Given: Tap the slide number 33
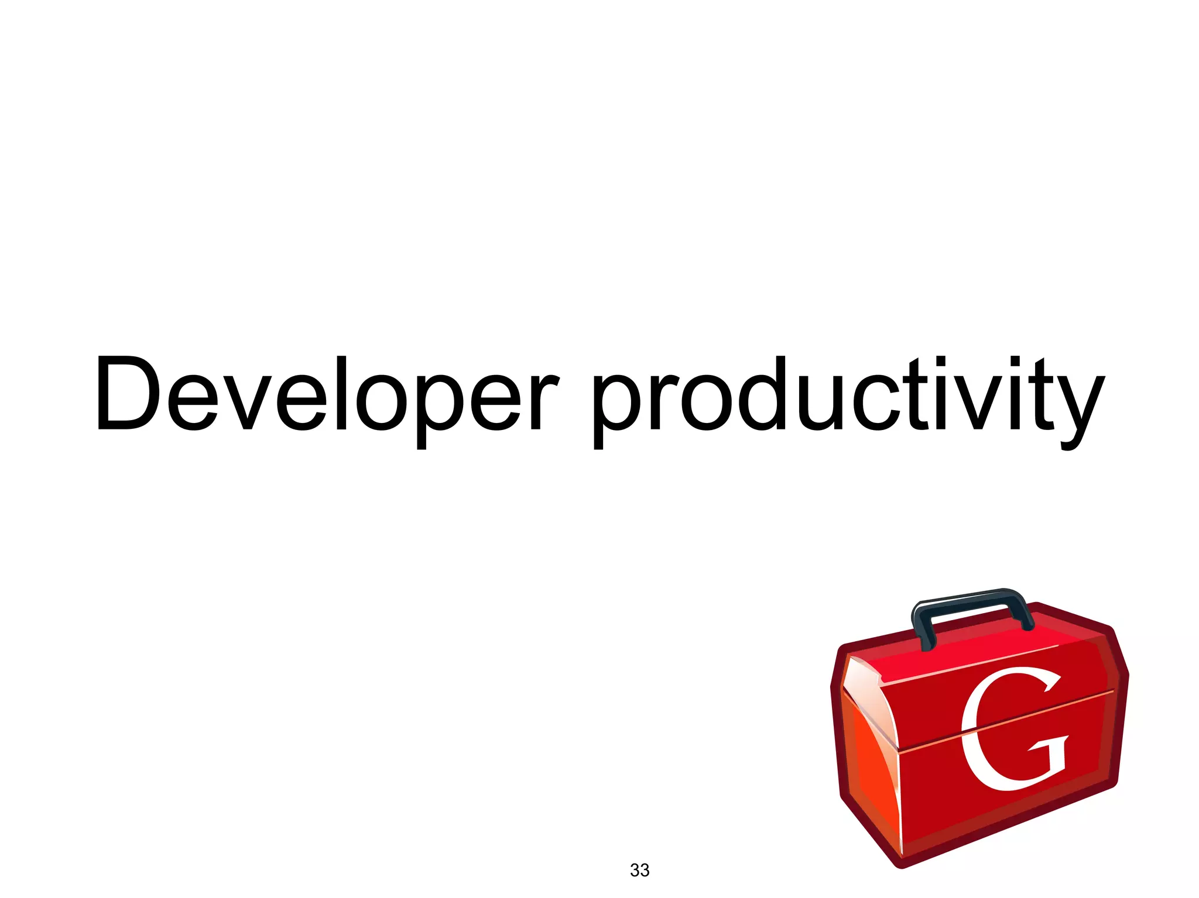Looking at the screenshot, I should click(x=639, y=870).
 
